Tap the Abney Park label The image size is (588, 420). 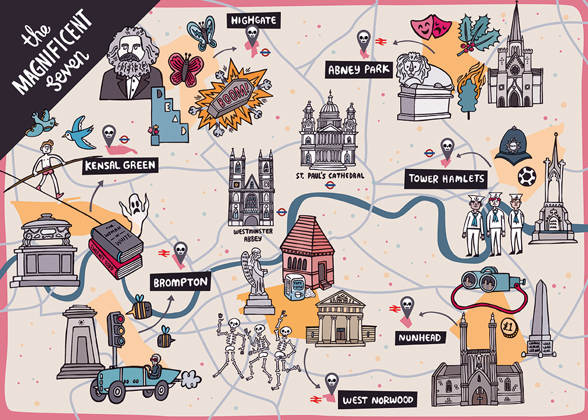coord(359,70)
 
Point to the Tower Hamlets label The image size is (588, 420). coord(446,178)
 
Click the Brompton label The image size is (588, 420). coord(181,282)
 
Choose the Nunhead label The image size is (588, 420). coord(420,338)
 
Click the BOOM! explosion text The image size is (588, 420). coord(235,95)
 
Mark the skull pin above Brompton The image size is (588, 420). coord(180,251)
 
